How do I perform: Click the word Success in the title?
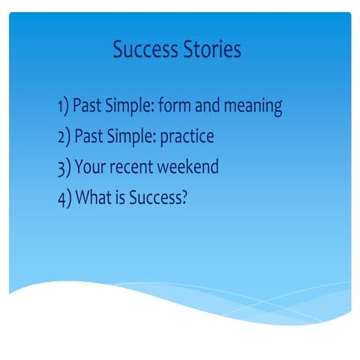click(145, 50)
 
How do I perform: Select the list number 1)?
click(63, 106)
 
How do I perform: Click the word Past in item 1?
click(86, 106)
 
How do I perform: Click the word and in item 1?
click(211, 106)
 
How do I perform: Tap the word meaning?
click(254, 108)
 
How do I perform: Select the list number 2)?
click(63, 136)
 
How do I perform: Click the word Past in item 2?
click(86, 136)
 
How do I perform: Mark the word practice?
click(187, 137)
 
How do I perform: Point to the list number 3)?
click(63, 166)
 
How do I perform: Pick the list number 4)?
click(63, 196)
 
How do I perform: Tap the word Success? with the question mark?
click(155, 196)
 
